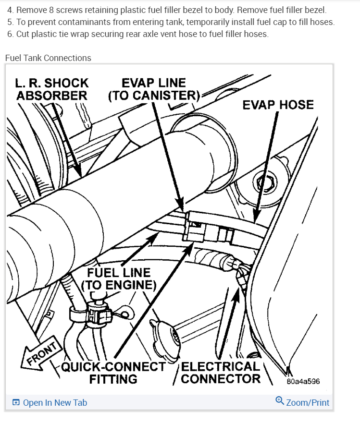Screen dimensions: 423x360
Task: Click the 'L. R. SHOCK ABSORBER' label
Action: click(x=52, y=89)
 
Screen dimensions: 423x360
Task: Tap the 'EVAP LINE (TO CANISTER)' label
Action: click(x=154, y=89)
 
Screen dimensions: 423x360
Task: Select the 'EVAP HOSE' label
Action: click(x=278, y=105)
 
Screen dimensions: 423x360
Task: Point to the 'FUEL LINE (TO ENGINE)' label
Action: click(x=119, y=278)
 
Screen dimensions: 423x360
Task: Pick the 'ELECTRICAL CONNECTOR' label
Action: click(x=221, y=373)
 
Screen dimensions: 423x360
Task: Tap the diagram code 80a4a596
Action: click(x=303, y=382)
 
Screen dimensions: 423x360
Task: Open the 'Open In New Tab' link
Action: click(x=55, y=403)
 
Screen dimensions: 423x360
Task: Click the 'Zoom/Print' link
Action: click(x=308, y=402)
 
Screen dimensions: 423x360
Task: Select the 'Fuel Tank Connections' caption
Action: click(x=48, y=58)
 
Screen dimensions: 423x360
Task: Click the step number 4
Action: click(x=10, y=10)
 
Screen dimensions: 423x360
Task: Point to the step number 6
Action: click(x=10, y=34)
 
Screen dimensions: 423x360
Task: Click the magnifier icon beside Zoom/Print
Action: click(x=280, y=401)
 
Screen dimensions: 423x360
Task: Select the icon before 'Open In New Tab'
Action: click(x=16, y=403)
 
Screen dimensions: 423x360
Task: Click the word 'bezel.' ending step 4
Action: click(x=314, y=10)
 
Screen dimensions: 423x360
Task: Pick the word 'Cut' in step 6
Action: click(x=23, y=34)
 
